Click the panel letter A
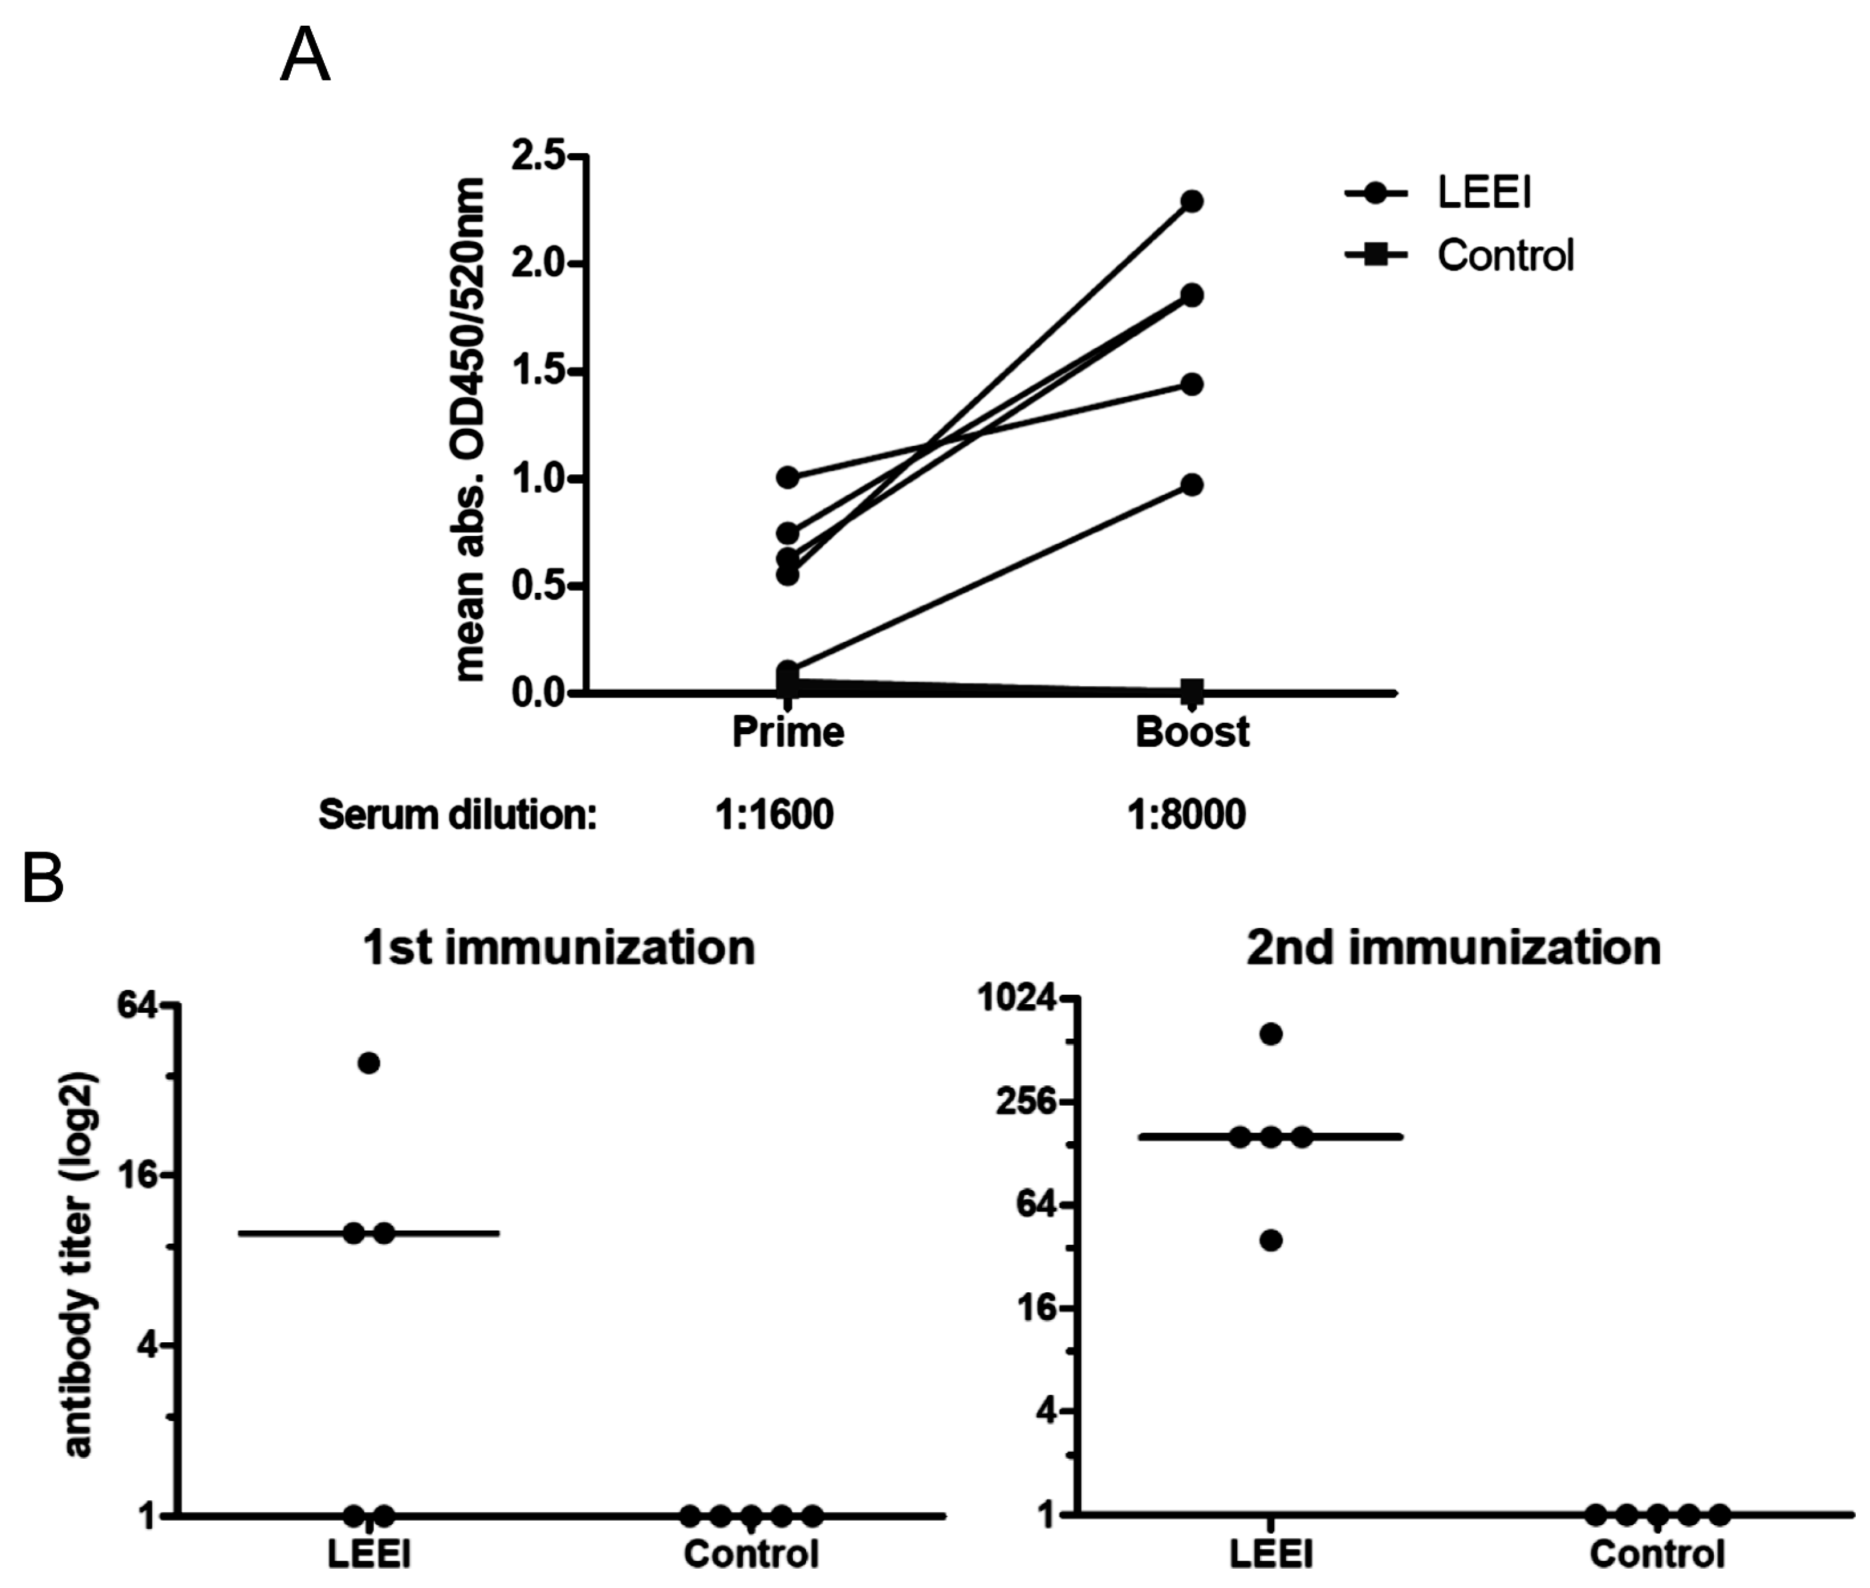[x=305, y=56]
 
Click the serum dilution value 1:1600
[x=774, y=815]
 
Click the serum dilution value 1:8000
[x=1186, y=815]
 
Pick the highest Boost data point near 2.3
[x=1192, y=201]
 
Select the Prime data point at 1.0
[x=788, y=477]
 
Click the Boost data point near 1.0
[x=1192, y=485]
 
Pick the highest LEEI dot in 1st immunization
[x=369, y=1063]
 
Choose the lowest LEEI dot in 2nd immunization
[x=1270, y=1240]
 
